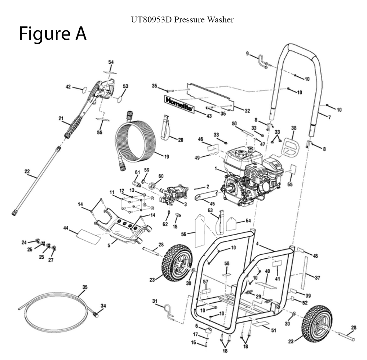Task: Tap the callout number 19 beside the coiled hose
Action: [166, 157]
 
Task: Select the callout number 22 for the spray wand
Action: [27, 171]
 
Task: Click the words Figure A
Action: [52, 34]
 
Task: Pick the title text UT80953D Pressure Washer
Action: [182, 19]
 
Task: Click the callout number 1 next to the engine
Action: [217, 168]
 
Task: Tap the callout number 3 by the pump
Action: [185, 204]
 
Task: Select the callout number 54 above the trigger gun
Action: [111, 62]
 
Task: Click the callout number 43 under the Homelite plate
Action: [209, 116]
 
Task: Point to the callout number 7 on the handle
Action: [329, 117]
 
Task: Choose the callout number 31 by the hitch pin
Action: [155, 301]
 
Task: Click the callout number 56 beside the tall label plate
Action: [183, 234]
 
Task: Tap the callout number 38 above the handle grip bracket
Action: [293, 128]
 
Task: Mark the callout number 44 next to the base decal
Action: [66, 228]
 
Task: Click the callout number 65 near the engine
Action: [290, 185]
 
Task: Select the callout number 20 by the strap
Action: [180, 139]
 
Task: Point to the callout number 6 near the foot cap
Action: [197, 326]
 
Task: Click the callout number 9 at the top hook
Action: [247, 54]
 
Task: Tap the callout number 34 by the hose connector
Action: [103, 305]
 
